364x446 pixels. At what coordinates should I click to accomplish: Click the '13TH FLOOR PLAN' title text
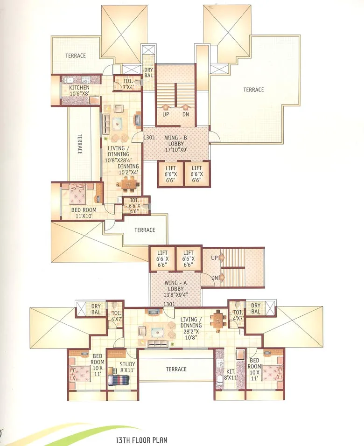pos(141,439)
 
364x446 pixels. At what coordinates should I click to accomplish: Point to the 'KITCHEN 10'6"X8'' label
pos(79,91)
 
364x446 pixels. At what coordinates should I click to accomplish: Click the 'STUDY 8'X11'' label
pos(127,367)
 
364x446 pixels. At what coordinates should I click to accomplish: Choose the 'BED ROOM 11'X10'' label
pos(83,213)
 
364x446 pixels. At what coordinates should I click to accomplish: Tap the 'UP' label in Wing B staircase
pos(165,114)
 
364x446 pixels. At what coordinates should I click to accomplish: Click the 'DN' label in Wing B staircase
pos(186,114)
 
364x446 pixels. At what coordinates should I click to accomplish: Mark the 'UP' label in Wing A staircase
pos(213,258)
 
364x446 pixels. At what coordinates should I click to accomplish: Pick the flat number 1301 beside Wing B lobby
pos(149,138)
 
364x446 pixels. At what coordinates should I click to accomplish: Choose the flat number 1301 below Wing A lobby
pos(168,304)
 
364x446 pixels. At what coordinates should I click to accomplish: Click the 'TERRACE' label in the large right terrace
pos(253,90)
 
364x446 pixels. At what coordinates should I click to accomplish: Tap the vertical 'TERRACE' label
pos(80,145)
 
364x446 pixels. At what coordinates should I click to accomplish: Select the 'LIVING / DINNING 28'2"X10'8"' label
pos(191,325)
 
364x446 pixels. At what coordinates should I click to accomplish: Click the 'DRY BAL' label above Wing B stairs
pos(148,73)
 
